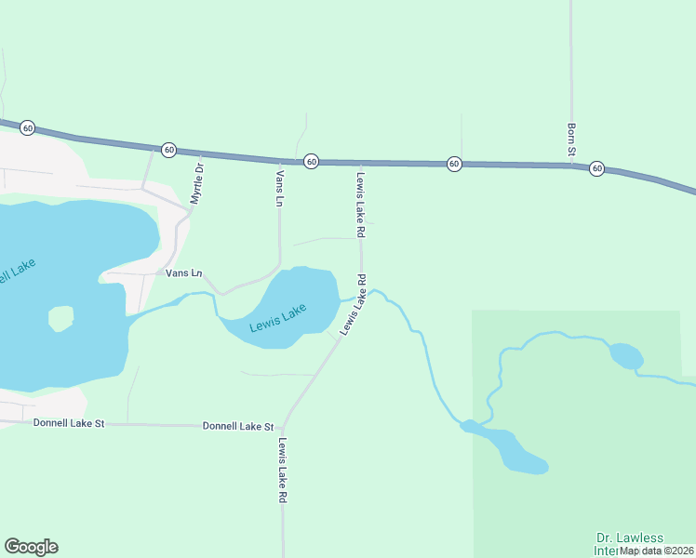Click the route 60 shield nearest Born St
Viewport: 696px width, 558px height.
pos(596,168)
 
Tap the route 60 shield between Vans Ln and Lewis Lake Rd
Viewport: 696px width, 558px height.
pos(312,161)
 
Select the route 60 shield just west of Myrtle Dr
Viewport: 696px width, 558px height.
pos(168,149)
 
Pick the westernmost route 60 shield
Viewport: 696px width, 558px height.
pos(28,127)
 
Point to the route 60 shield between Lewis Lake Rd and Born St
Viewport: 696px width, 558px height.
pos(454,163)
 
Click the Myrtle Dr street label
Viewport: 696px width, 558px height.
pos(196,183)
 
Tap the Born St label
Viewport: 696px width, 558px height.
pos(572,139)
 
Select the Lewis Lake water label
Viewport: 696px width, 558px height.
pos(277,321)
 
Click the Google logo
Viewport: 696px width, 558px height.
pos(31,547)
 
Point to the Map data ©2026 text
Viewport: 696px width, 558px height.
pos(657,551)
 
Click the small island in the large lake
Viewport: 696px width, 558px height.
pos(60,319)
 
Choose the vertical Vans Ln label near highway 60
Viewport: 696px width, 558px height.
pos(279,187)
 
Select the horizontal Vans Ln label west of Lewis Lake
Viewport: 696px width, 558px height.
pos(183,273)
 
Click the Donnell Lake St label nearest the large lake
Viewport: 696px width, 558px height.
pos(69,422)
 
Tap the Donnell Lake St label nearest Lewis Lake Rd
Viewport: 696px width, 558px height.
pos(238,426)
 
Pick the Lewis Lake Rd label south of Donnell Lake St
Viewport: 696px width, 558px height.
pos(281,471)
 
